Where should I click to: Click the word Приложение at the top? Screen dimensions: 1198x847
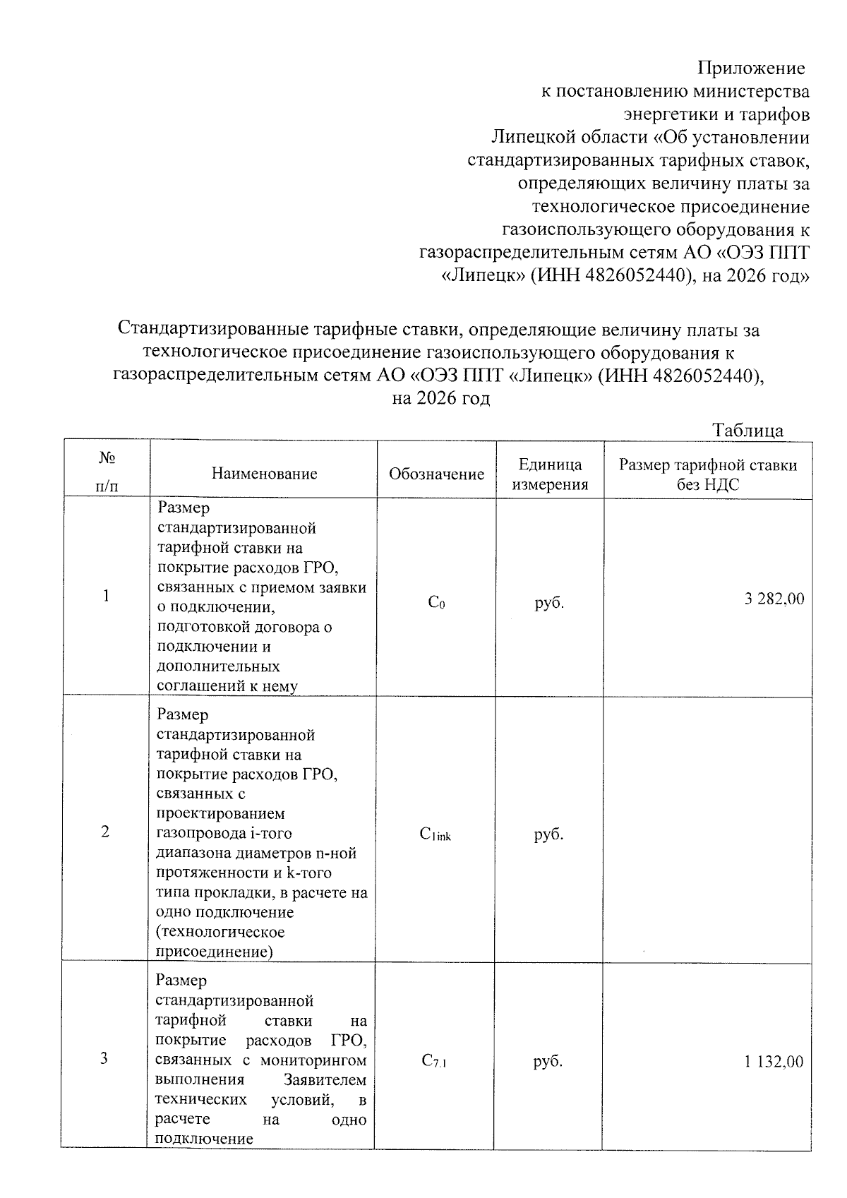751,68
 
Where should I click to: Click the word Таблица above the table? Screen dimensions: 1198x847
747,431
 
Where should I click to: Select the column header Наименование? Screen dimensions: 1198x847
264,474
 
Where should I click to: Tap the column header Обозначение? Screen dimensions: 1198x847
436,474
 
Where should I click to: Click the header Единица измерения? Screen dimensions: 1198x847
550,474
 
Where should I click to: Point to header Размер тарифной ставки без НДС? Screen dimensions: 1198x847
708,474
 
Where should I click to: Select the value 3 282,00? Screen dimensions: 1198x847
774,599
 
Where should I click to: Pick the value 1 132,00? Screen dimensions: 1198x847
774,1062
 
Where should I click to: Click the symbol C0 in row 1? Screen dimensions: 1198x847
436,603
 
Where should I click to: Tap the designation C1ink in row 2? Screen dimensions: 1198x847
435,834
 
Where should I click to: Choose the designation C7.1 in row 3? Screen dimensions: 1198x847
435,1061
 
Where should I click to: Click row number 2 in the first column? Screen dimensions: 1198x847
105,832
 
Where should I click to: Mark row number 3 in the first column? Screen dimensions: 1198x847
104,1058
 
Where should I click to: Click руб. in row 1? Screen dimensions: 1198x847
549,603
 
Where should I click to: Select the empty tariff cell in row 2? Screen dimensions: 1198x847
707,829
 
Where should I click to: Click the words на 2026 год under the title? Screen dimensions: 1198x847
440,398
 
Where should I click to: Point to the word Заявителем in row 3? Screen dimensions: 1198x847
325,1080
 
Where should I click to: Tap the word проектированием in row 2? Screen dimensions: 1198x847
220,814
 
